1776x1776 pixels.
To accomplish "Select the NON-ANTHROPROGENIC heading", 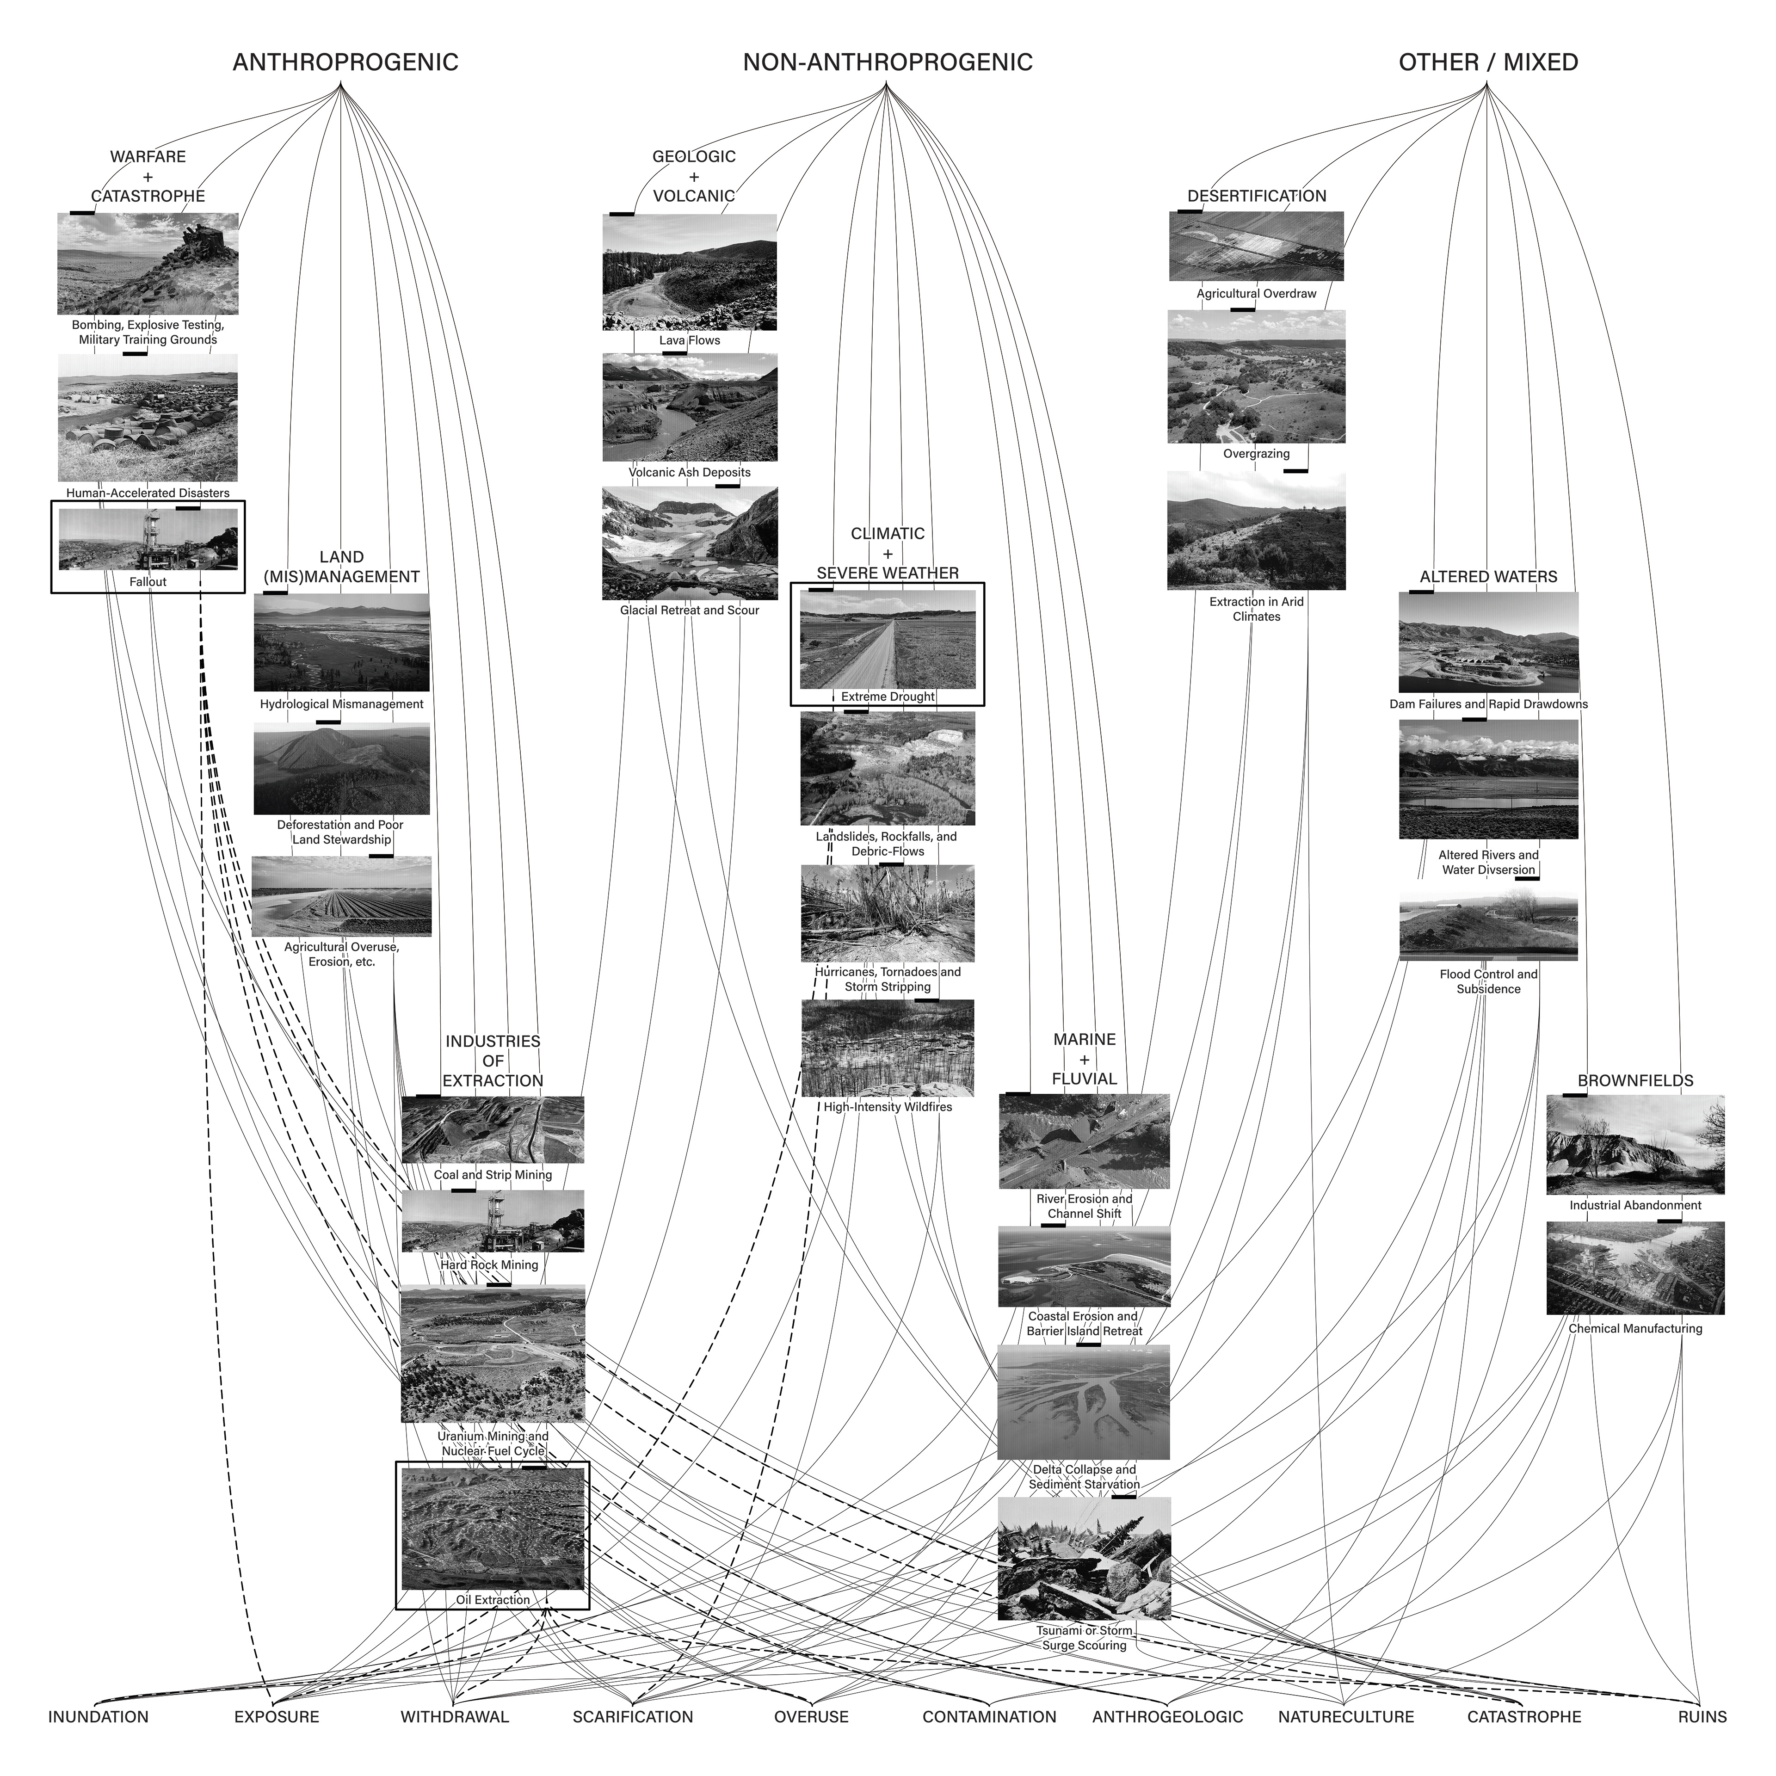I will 887,62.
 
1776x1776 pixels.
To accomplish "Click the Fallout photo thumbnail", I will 148,540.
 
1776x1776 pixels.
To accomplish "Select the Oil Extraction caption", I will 493,1599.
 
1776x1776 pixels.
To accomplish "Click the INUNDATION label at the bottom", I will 99,1716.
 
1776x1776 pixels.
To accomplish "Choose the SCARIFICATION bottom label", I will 632,1716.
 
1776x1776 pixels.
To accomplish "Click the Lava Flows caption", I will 690,340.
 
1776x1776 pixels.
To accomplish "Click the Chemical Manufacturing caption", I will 1635,1328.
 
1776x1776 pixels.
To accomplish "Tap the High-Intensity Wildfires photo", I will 887,1048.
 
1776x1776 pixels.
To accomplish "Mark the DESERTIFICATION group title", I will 1257,196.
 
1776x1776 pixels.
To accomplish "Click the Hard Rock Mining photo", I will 493,1221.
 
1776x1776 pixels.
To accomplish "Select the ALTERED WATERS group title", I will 1488,576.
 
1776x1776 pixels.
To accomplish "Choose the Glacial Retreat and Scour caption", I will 690,610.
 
